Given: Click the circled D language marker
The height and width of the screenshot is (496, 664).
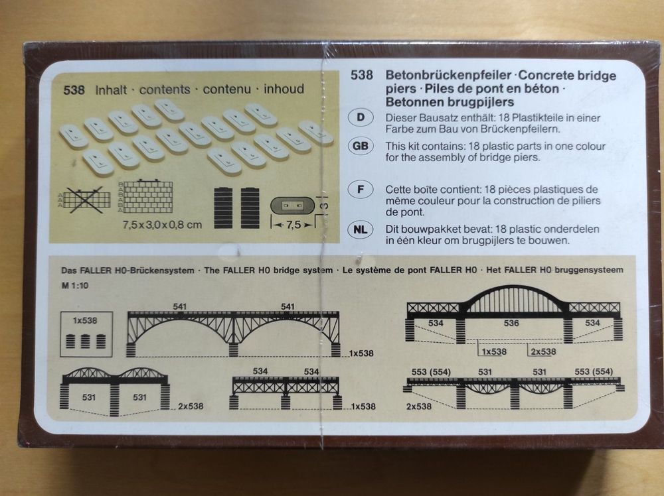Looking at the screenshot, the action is click(x=361, y=117).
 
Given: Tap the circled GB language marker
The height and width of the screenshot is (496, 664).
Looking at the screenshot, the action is click(x=361, y=146).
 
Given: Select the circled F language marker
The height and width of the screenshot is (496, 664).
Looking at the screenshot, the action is click(x=361, y=189).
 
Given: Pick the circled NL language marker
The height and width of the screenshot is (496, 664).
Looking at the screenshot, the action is click(x=361, y=229).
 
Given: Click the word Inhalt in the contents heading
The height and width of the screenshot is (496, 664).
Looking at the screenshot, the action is click(x=111, y=90).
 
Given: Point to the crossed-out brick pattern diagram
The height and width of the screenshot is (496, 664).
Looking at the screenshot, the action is click(x=85, y=200).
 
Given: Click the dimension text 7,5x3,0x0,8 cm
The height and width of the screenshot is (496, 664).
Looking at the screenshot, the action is click(x=162, y=225).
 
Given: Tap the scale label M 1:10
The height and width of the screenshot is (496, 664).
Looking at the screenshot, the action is click(x=75, y=285).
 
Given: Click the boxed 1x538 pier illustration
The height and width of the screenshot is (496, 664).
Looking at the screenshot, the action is click(x=86, y=334).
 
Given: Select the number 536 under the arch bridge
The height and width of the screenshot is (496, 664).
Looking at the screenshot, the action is click(x=511, y=323).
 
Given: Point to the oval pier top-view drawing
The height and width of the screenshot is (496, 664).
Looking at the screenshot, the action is click(x=293, y=206).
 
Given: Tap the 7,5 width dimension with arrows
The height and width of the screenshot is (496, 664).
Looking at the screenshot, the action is click(x=293, y=225).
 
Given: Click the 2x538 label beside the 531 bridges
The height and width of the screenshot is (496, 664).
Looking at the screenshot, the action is click(x=191, y=406).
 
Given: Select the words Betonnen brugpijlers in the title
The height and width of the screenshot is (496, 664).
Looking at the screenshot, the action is click(x=450, y=102).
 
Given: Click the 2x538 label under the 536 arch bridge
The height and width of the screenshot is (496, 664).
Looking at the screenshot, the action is click(x=543, y=352).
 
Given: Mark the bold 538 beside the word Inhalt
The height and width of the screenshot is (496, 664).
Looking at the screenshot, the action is click(x=74, y=90).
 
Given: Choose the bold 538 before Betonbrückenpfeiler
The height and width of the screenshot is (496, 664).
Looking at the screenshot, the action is click(x=362, y=76).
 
